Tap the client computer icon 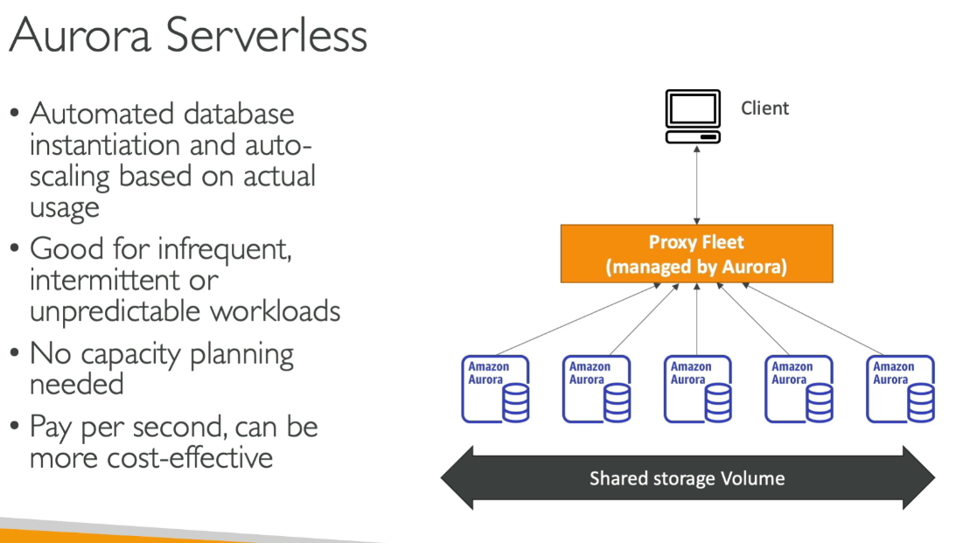coord(693,115)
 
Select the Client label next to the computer coord(764,108)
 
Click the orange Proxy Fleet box coord(696,254)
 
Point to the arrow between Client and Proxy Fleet coord(696,184)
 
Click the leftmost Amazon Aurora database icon coord(496,389)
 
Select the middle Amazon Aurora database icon coord(697,389)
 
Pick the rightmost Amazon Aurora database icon coord(900,389)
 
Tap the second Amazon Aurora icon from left coord(597,389)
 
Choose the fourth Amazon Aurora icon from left coord(799,389)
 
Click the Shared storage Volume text coord(687,478)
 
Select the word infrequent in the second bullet coord(224,249)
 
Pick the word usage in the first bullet coord(64,208)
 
